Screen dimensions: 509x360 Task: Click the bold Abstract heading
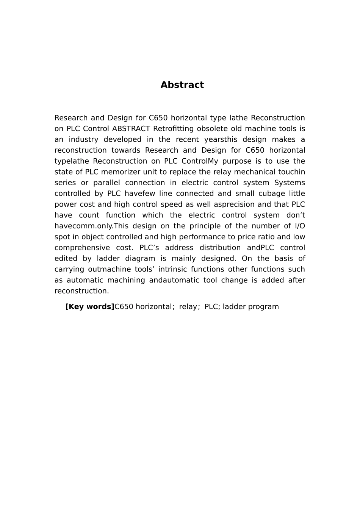click(182, 85)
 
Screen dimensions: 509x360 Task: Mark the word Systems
click(290, 183)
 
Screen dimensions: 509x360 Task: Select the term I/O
click(300, 226)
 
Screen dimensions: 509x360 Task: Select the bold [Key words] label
click(90, 307)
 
